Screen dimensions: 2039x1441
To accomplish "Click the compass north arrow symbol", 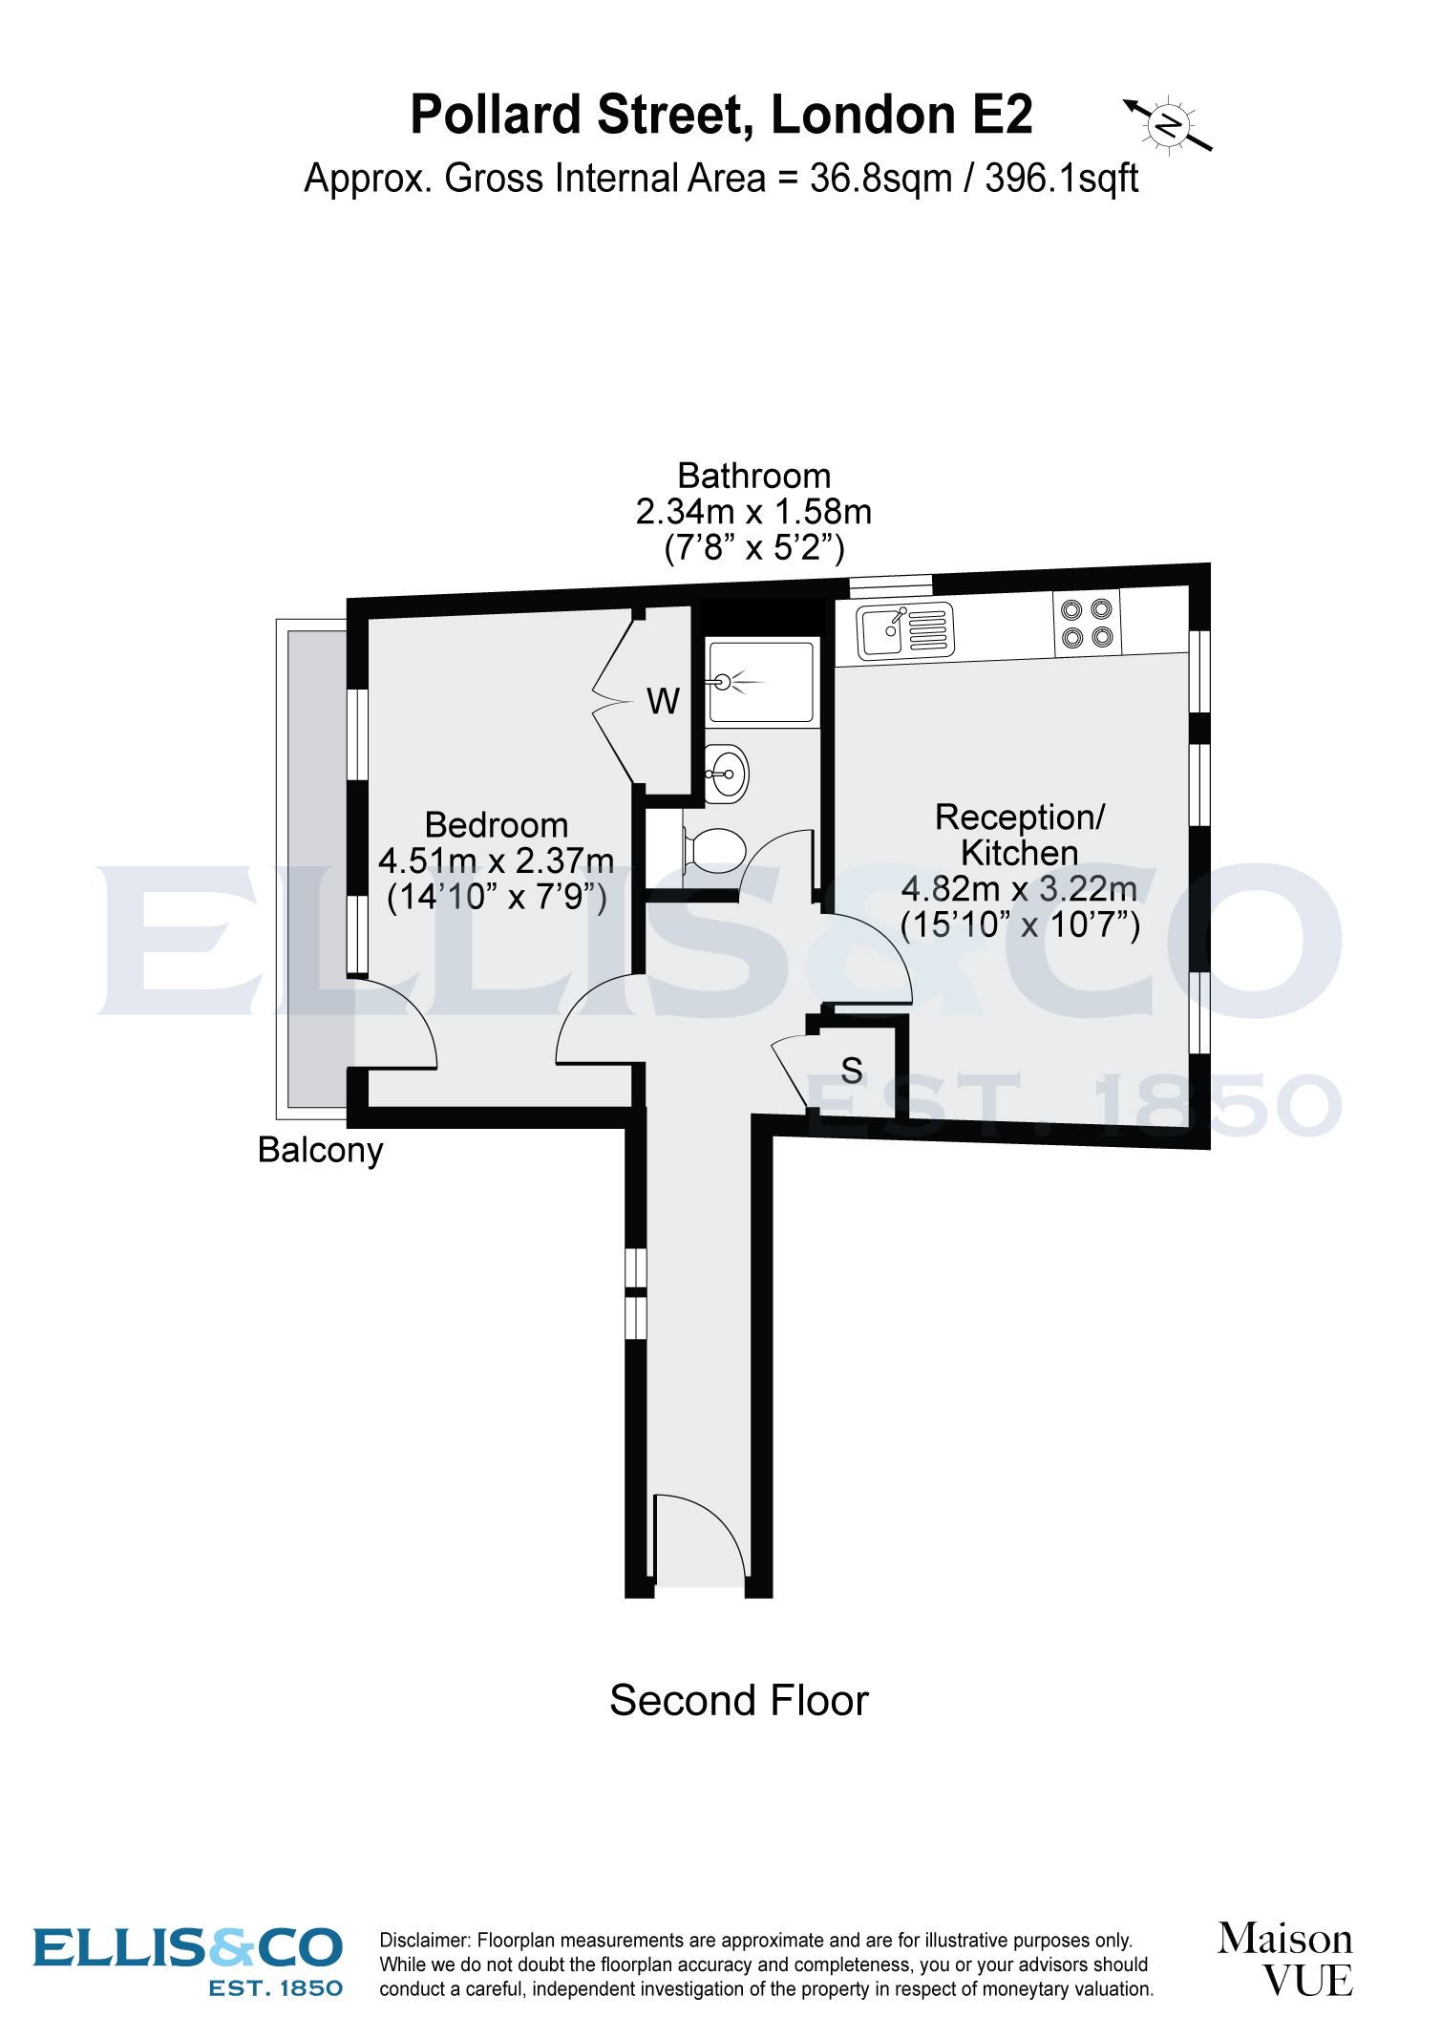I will [1168, 125].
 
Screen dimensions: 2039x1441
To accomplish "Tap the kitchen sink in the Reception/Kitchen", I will [904, 631].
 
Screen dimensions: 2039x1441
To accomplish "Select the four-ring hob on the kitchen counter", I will [1087, 624].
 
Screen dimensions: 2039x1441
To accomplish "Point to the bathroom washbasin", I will [727, 773].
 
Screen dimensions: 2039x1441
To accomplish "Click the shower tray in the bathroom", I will [761, 682].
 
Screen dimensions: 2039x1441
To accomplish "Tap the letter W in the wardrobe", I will [663, 702].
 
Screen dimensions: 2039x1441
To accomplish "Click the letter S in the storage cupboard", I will [852, 1071].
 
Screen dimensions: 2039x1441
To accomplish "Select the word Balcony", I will [320, 1150].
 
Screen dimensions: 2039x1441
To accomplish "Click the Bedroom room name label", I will [496, 825].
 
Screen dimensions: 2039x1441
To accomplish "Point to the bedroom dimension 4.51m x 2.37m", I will [496, 861].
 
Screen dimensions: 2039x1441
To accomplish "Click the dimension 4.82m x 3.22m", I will [1019, 889].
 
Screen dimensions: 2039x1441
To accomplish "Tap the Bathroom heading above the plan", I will [753, 476].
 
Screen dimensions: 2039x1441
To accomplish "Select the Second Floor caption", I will [738, 1701].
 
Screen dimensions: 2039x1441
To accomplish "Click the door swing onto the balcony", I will [393, 1027].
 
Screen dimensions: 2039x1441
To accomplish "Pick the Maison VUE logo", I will [1285, 1960].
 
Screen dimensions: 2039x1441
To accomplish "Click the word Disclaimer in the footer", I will [424, 1940].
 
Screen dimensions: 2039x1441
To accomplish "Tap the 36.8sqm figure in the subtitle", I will [880, 179].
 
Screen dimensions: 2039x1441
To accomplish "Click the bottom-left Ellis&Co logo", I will [188, 1960].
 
